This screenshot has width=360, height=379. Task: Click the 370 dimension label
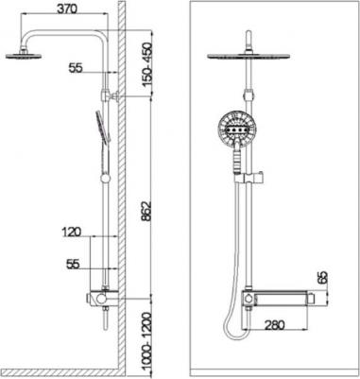click(67, 9)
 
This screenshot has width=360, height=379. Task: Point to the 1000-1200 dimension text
click(146, 341)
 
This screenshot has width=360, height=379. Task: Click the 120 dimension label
click(71, 233)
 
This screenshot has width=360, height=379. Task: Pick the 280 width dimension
click(274, 324)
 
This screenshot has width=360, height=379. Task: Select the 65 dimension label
click(323, 277)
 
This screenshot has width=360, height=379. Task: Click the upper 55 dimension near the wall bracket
click(76, 68)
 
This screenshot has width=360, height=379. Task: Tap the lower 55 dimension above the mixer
click(73, 264)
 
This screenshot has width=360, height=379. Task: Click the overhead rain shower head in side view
click(24, 57)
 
